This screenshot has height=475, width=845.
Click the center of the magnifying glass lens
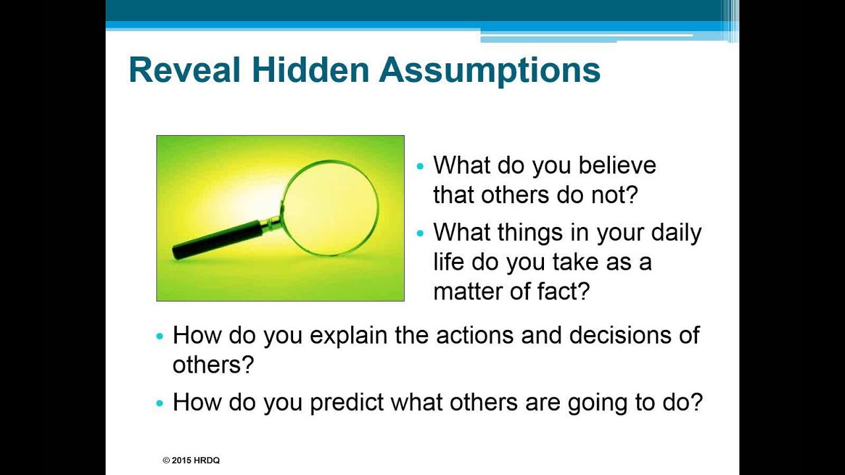[x=330, y=208]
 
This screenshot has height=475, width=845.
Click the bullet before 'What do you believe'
[x=421, y=166]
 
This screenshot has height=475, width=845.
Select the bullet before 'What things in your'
[x=421, y=234]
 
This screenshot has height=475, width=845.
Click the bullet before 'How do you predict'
[x=160, y=403]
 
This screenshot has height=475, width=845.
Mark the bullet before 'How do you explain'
[x=160, y=336]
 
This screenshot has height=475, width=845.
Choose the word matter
[x=468, y=291]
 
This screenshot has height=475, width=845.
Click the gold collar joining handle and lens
[x=271, y=224]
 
